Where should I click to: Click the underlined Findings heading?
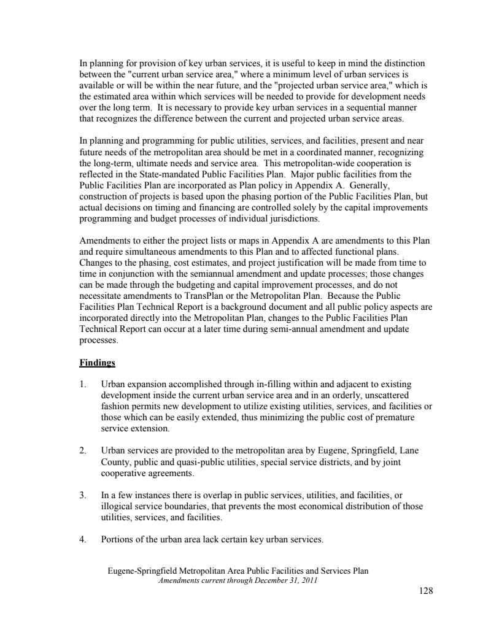pos(97,363)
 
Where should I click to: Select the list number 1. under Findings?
pos(82,384)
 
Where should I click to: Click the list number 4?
pos(82,539)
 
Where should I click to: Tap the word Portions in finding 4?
pos(116,539)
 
